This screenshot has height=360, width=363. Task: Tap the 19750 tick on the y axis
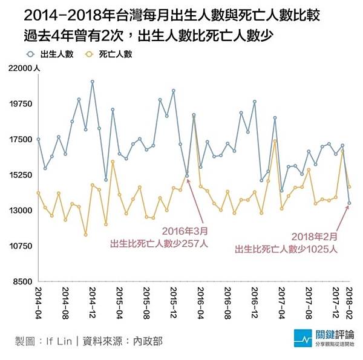point(21,104)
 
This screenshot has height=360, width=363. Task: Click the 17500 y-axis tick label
point(21,140)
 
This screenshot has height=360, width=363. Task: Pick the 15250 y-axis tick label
point(21,175)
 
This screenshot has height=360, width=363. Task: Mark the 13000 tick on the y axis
point(21,211)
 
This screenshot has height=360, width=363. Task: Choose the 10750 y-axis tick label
point(21,246)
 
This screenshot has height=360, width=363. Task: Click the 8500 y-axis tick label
point(23,282)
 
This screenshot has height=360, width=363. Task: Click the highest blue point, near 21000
point(93,82)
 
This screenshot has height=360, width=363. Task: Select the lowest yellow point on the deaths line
point(86,234)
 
